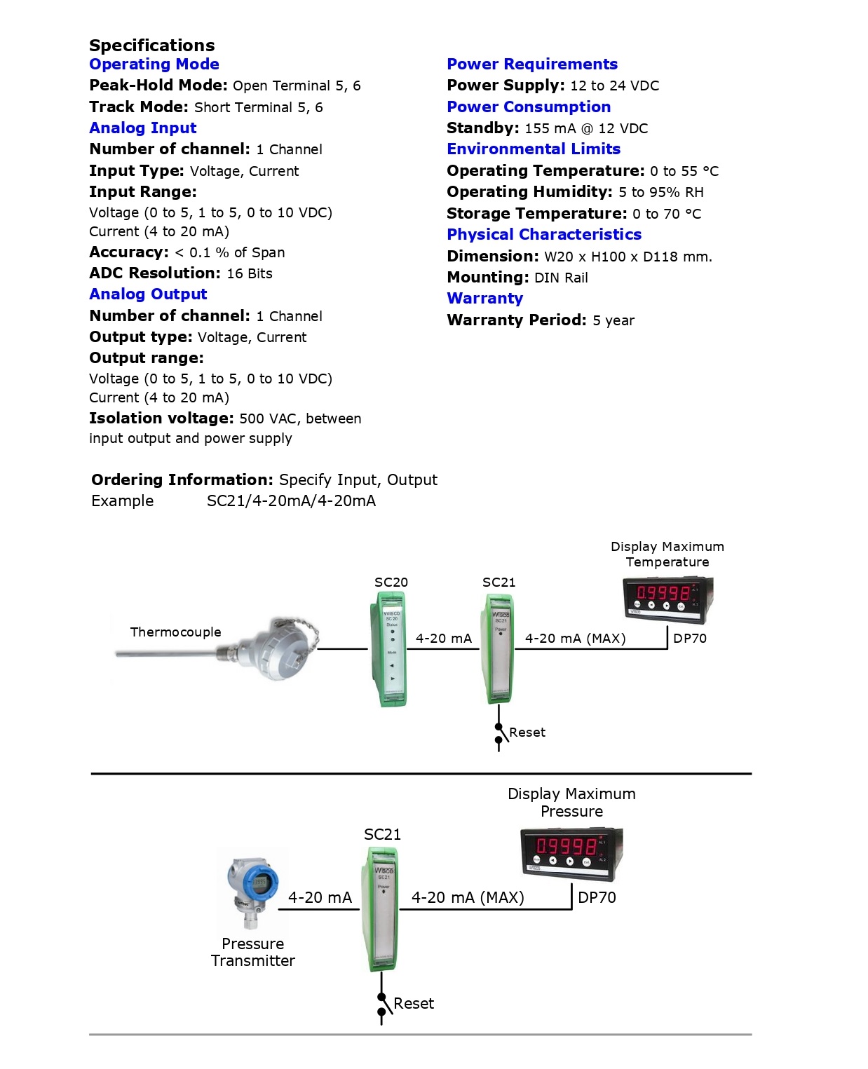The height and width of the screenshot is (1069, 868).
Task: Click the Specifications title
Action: [151, 46]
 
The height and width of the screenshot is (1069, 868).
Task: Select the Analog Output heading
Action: [148, 294]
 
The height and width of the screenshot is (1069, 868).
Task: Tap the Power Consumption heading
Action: [529, 107]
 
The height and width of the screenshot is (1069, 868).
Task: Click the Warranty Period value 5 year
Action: [613, 320]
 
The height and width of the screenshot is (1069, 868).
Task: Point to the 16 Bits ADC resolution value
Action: [250, 273]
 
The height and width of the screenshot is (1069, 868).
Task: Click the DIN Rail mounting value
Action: [561, 278]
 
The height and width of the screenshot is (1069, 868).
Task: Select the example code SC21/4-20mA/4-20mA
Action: [291, 501]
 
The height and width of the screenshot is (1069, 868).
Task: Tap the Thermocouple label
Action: [175, 632]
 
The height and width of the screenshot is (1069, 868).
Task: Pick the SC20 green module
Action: [390, 648]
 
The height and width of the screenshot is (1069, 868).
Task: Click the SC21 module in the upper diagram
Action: [499, 648]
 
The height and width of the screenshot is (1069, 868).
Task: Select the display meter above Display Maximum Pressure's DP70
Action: [571, 853]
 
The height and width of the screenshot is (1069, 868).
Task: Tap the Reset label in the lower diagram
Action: [414, 1004]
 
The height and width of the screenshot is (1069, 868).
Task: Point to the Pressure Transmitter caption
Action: [253, 953]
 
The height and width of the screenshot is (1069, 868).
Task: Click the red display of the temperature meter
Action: [663, 593]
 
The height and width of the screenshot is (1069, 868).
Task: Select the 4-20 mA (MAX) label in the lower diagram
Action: [468, 898]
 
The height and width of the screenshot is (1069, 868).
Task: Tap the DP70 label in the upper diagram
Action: [690, 639]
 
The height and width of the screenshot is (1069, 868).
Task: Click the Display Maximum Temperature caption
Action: [667, 554]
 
